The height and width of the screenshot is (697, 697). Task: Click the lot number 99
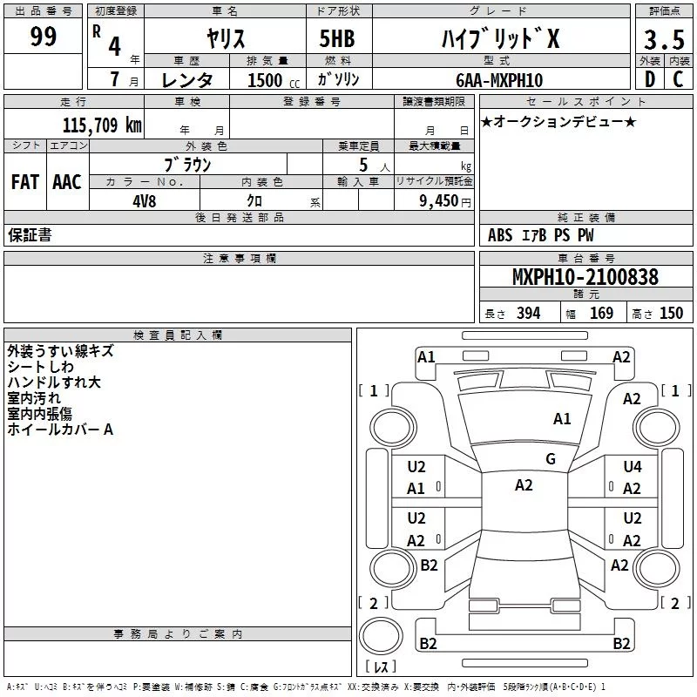coord(43,37)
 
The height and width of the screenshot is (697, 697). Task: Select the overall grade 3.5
coord(664,40)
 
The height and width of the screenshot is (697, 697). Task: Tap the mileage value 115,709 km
coord(102,125)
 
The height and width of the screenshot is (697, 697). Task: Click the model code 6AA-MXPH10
coord(499,80)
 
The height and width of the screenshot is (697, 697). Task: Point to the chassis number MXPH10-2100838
coord(585,277)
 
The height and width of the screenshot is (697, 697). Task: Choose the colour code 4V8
coord(145,201)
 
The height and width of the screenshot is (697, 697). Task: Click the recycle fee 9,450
coord(439,201)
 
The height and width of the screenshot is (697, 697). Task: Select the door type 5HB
coord(337,38)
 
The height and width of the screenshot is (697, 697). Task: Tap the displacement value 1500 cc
coord(274,80)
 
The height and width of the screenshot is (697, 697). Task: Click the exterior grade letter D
coord(649,79)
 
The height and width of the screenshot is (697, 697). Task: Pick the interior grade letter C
coord(678,79)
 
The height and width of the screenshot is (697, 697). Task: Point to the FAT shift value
coord(25,182)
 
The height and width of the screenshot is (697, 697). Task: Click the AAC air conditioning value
coord(67,182)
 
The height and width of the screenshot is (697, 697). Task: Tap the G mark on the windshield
coord(551,459)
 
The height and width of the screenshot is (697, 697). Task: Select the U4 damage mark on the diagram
coord(633,467)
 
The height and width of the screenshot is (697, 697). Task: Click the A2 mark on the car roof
coord(524,485)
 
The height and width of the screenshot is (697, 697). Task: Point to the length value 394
coord(529,314)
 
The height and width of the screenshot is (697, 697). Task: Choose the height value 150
coord(671,314)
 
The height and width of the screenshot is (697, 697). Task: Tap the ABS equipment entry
coord(500,235)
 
